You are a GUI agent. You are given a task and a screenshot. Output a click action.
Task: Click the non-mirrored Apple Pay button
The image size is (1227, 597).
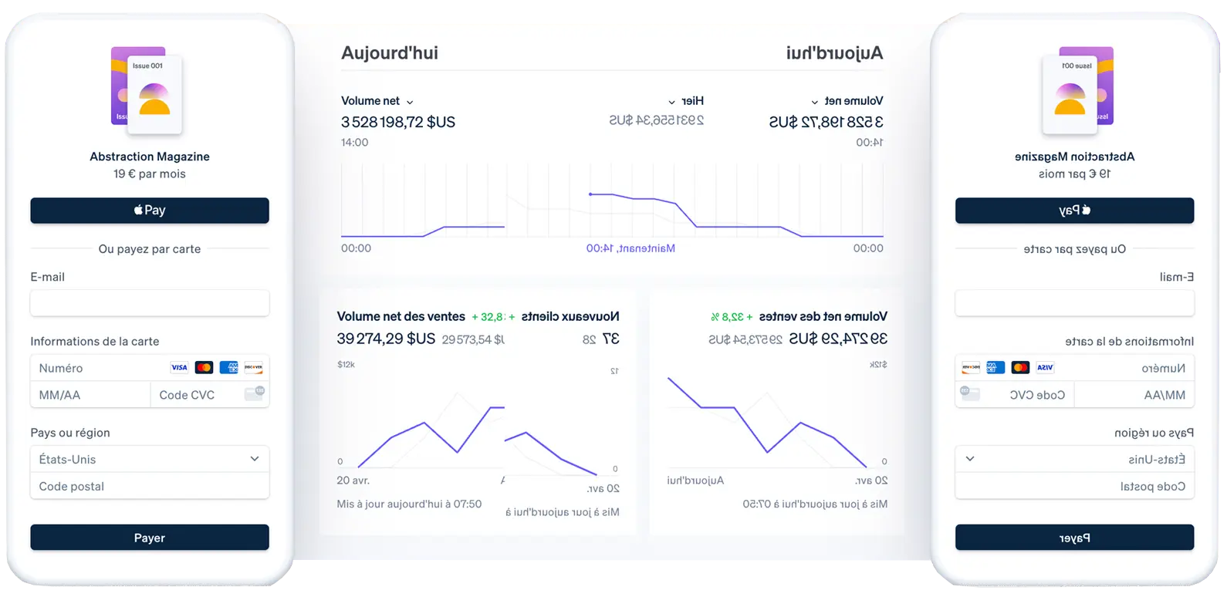(x=150, y=211)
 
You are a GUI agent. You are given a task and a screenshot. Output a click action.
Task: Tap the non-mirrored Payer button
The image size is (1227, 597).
(x=150, y=538)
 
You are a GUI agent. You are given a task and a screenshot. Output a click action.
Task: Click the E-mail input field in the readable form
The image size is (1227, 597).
(x=150, y=303)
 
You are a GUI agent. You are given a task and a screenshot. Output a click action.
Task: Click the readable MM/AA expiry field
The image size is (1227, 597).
(x=90, y=395)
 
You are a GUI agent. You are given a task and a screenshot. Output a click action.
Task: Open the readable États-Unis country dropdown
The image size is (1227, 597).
(x=150, y=459)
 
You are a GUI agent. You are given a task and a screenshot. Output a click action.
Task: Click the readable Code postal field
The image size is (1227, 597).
(x=150, y=487)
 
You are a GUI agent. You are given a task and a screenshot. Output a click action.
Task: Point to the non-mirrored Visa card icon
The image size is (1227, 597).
(x=179, y=368)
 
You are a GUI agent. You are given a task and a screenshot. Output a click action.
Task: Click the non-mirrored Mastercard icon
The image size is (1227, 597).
(x=204, y=368)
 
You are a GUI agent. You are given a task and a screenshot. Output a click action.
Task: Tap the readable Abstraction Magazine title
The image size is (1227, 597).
(x=150, y=157)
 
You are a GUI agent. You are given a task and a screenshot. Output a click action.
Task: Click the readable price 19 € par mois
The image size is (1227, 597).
(x=150, y=174)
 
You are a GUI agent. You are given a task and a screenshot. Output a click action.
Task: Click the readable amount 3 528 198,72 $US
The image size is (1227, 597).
(x=398, y=122)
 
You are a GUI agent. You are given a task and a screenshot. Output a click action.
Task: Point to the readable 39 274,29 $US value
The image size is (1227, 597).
(x=386, y=339)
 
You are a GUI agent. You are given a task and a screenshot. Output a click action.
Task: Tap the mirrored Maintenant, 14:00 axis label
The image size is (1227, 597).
(x=630, y=248)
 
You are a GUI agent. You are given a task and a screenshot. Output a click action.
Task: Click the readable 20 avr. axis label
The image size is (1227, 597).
(x=353, y=481)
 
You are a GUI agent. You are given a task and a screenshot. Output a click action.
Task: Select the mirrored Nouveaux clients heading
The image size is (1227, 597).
(x=570, y=316)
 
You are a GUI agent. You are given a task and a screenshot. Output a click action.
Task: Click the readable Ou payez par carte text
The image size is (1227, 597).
(x=150, y=249)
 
